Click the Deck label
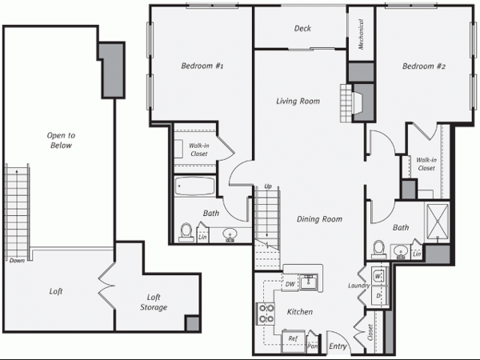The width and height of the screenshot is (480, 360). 302,29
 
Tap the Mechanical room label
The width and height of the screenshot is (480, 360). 362,34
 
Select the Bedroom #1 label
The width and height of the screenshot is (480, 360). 202,66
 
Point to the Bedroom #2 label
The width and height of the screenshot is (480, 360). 424,66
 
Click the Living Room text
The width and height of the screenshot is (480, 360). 298,101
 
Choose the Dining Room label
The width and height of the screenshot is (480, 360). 319,219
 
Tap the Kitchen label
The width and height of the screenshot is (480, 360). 300,312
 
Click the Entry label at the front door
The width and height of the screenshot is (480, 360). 338,346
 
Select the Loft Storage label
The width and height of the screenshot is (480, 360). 154,302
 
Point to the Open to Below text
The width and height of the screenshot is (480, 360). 61,140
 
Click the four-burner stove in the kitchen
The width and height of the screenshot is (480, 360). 266,314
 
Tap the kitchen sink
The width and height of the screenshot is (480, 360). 309,282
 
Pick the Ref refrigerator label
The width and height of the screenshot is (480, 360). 293,338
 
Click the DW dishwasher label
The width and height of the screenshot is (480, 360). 290,284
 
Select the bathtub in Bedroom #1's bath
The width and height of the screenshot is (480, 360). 194,186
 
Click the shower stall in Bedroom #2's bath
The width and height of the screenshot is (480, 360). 437,221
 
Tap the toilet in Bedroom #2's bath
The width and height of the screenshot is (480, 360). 378,250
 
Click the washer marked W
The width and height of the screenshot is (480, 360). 378,277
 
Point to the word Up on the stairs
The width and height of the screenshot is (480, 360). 268,186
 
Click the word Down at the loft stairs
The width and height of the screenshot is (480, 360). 17,261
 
